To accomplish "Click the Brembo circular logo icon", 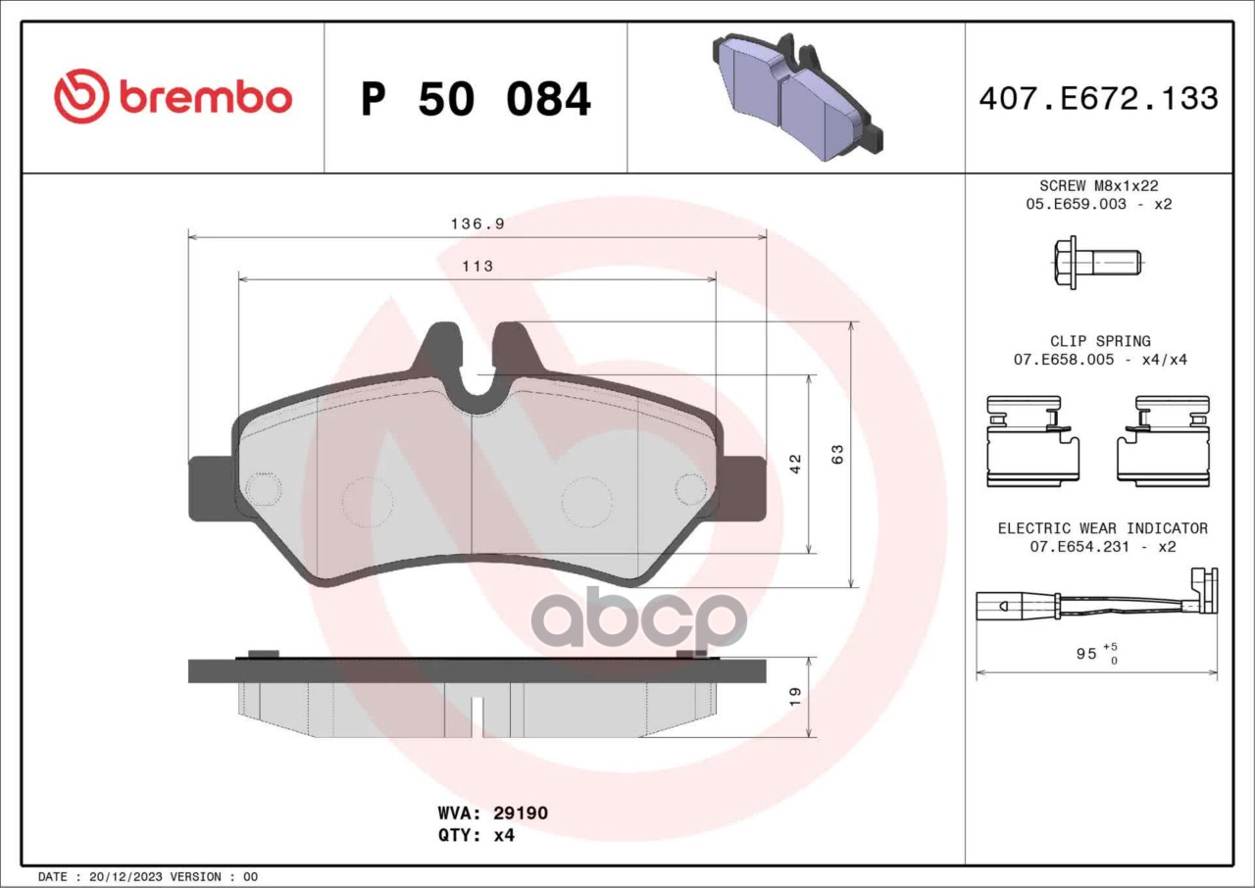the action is [81, 96].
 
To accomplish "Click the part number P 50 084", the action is [476, 99].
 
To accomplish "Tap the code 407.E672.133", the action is [1099, 99].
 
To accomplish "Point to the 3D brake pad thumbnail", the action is [797, 96].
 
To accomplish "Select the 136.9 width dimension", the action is [477, 223].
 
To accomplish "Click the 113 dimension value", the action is [477, 266].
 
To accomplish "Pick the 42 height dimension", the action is [795, 465].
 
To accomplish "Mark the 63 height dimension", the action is [837, 454].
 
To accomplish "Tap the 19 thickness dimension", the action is [795, 697].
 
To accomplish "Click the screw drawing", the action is [1097, 263].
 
